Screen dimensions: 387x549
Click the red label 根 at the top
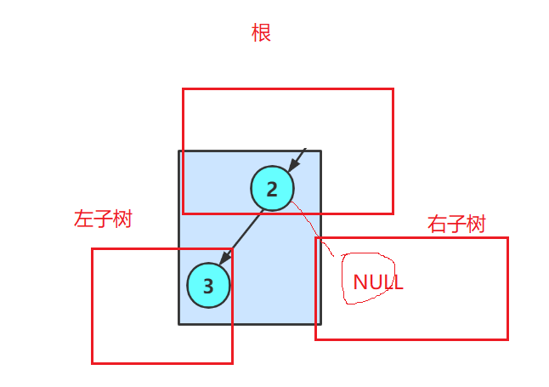click(261, 33)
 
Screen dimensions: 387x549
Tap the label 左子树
click(103, 219)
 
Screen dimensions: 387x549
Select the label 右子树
click(456, 225)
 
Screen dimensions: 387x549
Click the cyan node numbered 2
click(272, 189)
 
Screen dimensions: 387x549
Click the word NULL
click(377, 282)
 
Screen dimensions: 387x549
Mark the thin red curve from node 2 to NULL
click(316, 225)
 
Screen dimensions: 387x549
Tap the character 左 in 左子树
click(83, 219)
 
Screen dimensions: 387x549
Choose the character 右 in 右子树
click(437, 225)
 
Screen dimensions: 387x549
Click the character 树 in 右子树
click(476, 225)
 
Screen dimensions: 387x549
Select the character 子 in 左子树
click(103, 219)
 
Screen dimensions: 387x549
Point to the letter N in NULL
click(359, 282)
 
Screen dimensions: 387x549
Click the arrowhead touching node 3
click(224, 259)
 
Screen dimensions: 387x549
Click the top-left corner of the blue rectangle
click(178, 151)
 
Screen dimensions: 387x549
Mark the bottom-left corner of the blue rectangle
click(178, 323)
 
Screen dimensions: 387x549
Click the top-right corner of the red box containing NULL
click(507, 238)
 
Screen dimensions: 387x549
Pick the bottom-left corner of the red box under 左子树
click(92, 363)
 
